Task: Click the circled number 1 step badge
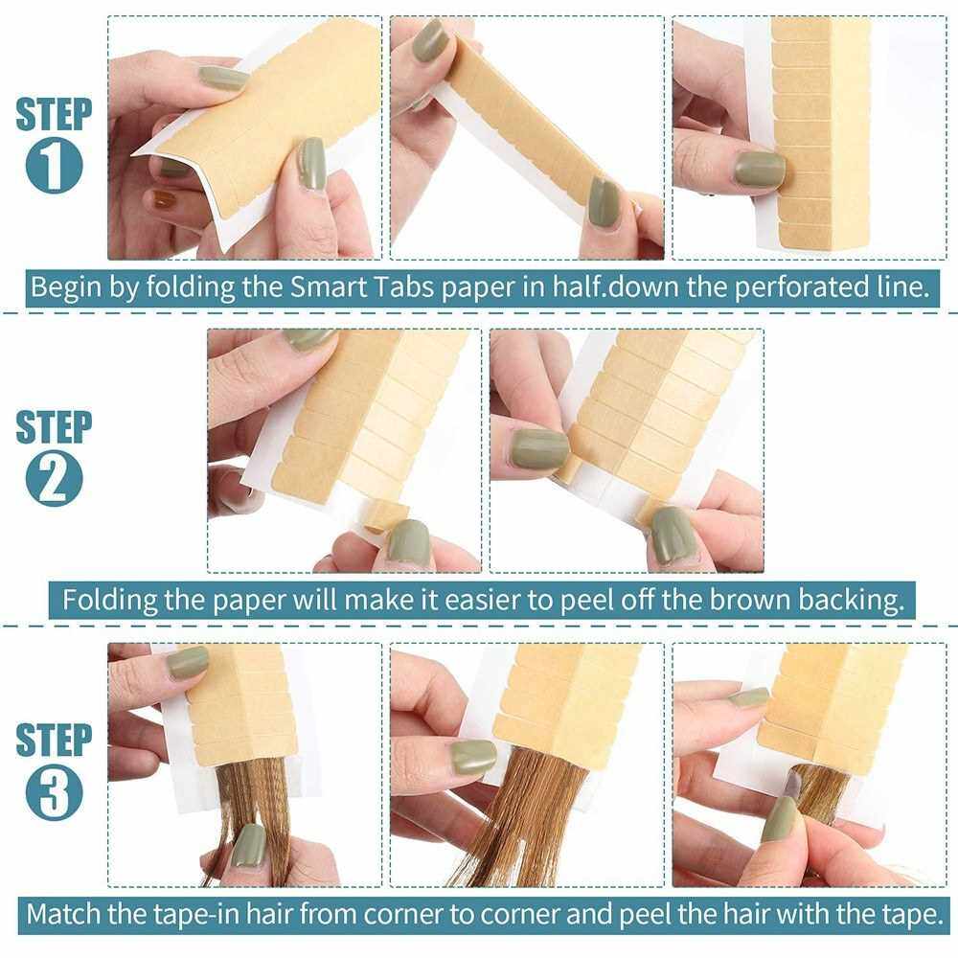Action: click(x=54, y=166)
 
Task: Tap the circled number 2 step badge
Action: click(x=54, y=478)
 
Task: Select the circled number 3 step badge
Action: click(x=54, y=792)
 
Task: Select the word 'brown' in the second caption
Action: click(x=750, y=600)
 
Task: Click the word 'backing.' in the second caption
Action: click(x=851, y=600)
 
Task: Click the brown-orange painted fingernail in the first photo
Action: click(x=165, y=198)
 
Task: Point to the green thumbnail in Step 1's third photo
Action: click(x=759, y=169)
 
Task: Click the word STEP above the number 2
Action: click(x=54, y=427)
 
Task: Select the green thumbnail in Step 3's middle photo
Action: click(x=473, y=758)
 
